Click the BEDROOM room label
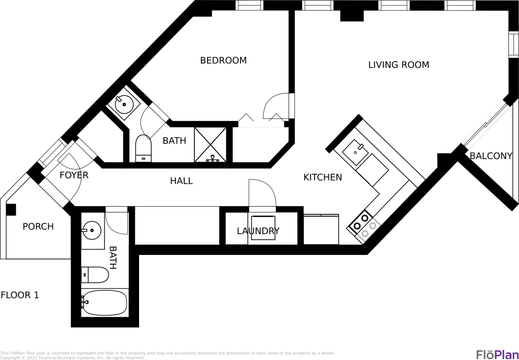click(x=223, y=60)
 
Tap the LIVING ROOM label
click(x=399, y=64)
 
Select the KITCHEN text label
click(x=323, y=177)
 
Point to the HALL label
click(x=182, y=181)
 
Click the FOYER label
click(x=74, y=175)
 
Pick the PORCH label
click(x=38, y=226)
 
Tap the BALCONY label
click(x=491, y=156)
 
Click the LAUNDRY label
click(x=258, y=231)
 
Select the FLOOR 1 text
click(x=20, y=295)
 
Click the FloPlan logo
click(x=497, y=354)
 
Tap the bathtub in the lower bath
click(x=105, y=303)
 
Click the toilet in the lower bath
click(x=95, y=275)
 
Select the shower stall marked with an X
click(x=210, y=145)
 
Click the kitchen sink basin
click(x=355, y=152)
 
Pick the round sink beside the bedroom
click(x=124, y=105)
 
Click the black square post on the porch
click(x=11, y=210)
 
